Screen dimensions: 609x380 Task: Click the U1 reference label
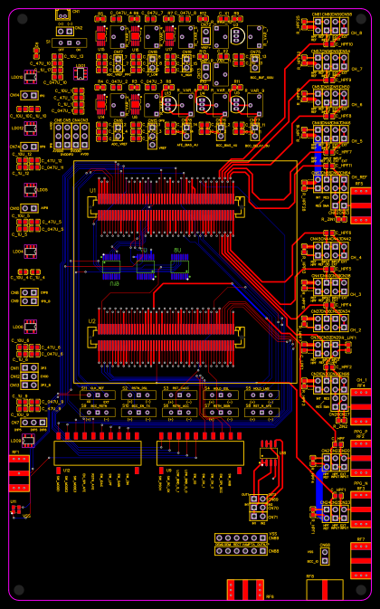click(x=92, y=191)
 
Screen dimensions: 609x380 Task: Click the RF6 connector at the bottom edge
click(x=244, y=590)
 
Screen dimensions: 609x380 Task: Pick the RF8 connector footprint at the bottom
click(x=324, y=590)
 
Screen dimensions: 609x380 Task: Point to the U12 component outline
click(x=97, y=453)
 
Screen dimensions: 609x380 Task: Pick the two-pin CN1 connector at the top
click(x=62, y=14)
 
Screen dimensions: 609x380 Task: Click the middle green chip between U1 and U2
click(x=146, y=265)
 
